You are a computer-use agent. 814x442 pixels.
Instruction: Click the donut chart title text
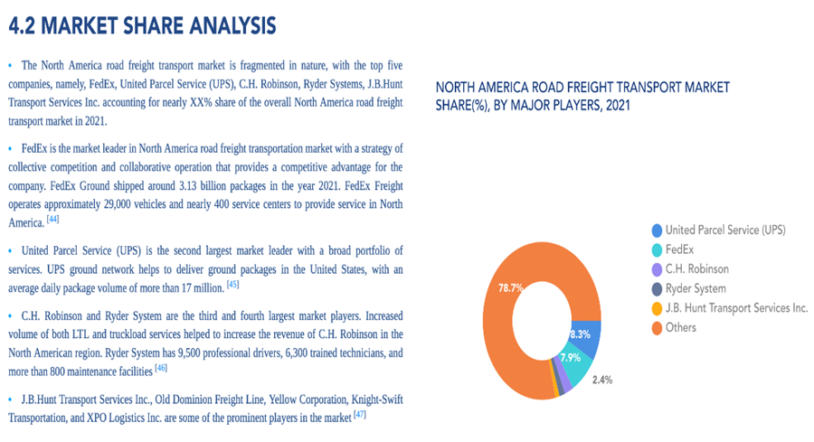[582, 96]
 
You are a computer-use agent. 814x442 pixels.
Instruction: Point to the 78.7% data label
[511, 287]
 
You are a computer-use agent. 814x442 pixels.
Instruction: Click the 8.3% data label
[580, 334]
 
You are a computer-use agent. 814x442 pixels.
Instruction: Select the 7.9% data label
[570, 357]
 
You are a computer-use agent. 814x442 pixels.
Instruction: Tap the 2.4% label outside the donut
[603, 380]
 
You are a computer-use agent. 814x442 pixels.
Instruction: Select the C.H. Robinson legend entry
[696, 268]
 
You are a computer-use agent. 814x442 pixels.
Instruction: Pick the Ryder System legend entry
[695, 288]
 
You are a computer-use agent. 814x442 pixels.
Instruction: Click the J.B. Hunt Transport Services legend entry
[735, 308]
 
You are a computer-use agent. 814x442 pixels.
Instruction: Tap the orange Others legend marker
[657, 327]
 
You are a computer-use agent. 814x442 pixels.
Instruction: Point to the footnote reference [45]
[233, 284]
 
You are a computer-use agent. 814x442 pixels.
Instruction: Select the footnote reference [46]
[161, 368]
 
